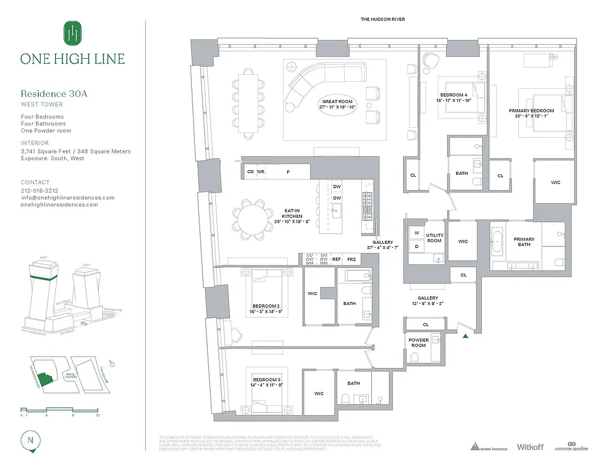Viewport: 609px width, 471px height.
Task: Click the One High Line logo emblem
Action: click(x=72, y=34)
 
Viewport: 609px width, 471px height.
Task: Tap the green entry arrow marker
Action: click(x=465, y=336)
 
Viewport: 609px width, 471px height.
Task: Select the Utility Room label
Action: click(x=434, y=238)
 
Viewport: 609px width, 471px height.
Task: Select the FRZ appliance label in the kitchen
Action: click(x=351, y=258)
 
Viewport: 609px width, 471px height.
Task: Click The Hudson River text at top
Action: click(x=382, y=19)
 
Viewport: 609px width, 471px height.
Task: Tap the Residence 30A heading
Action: click(x=54, y=94)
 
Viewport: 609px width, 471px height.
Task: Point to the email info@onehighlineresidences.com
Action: click(x=68, y=198)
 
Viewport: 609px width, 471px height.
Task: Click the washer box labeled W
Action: click(x=416, y=232)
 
